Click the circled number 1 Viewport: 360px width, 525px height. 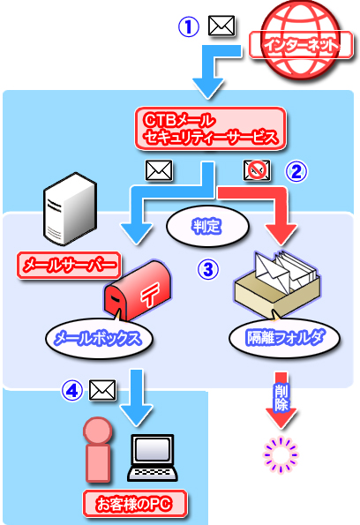[189, 27]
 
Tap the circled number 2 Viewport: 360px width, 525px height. [296, 172]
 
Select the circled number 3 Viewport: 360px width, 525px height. [208, 269]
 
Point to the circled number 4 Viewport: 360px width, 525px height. [72, 390]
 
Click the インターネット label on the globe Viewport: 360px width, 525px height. [301, 45]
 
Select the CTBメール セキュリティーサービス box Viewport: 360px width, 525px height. [211, 129]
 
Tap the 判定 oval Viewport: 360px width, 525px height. [207, 227]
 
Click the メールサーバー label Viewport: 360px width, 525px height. [69, 266]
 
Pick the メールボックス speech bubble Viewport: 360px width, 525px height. [99, 337]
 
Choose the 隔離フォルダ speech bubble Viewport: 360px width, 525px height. [284, 337]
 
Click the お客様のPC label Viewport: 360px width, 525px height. [135, 504]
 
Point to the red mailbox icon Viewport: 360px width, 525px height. [138, 289]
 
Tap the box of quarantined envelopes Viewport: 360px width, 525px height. [277, 283]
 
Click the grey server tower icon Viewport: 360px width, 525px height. [70, 208]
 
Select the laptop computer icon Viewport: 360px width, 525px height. [153, 458]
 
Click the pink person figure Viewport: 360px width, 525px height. [98, 450]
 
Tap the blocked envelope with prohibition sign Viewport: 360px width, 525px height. [257, 170]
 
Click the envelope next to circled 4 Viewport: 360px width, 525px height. [102, 390]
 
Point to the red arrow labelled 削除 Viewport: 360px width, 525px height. [281, 401]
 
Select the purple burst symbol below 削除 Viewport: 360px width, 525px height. [281, 455]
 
